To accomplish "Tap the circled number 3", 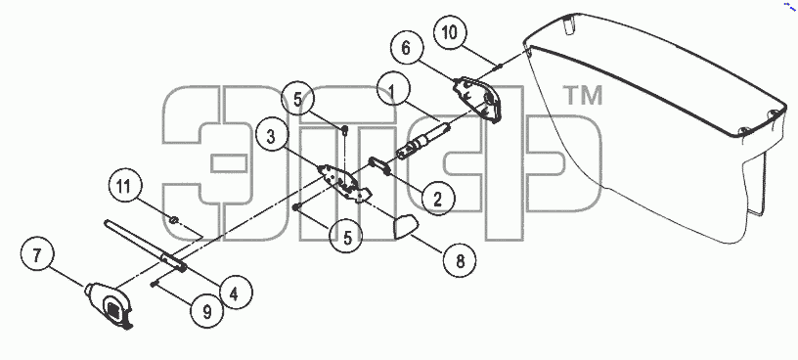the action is coord(272,137).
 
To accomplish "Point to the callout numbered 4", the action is coord(235,292).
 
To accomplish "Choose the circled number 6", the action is coord(407,48).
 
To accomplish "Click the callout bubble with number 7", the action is coord(37,255).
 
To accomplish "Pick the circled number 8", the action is coord(460,261).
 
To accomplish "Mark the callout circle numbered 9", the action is coord(207,312).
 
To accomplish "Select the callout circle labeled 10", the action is coord(451,32).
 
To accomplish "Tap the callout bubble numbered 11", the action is coord(124,186).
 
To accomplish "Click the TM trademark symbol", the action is coord(582,95).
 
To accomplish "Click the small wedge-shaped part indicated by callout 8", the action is coord(406,226).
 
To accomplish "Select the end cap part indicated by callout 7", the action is coord(110,305).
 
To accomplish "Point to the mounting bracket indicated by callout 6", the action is coord(477,99).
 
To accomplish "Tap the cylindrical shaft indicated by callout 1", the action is coord(422,141).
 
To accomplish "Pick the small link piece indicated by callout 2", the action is coord(379,165).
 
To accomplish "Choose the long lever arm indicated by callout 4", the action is coord(145,245).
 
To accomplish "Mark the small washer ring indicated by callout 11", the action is coord(174,220).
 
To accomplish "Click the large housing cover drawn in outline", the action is coord(656,127).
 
